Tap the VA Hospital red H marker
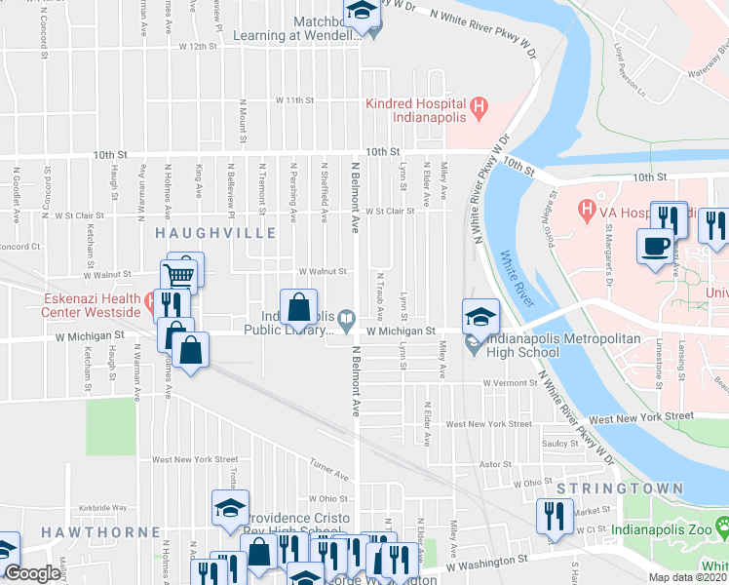tap(587, 209)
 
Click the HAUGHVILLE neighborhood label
tap(211, 232)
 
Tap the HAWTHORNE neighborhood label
tap(101, 531)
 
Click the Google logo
tap(32, 573)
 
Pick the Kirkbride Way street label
tap(104, 508)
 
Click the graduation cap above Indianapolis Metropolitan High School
tap(480, 316)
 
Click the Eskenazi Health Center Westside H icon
tap(148, 302)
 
